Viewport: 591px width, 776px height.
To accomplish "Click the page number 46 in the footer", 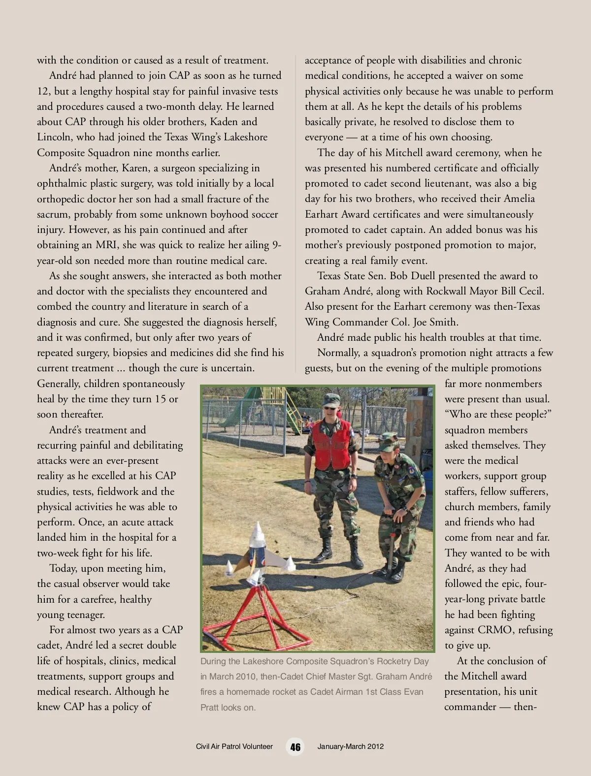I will coord(295,746).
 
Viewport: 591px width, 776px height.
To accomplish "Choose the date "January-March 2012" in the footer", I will coord(350,746).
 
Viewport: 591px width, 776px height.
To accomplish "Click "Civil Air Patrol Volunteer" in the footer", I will coord(234,746).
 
